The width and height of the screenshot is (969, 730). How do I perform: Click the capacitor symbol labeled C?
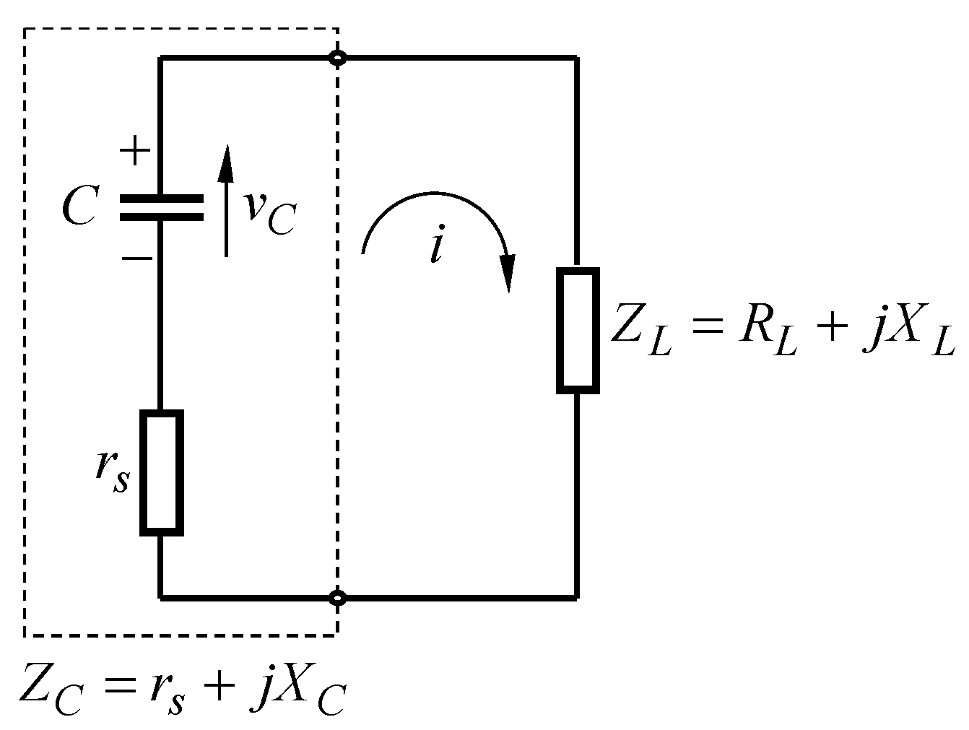161,207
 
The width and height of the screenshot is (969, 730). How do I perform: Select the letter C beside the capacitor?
79,209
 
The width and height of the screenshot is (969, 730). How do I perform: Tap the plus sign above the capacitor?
134,152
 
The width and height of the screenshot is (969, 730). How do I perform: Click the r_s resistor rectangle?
161,473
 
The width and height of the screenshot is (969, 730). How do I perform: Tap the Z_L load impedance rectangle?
578,331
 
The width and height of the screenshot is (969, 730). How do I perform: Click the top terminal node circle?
336,58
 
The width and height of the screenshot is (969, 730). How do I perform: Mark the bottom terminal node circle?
336,598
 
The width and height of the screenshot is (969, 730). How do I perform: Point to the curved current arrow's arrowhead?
509,274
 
